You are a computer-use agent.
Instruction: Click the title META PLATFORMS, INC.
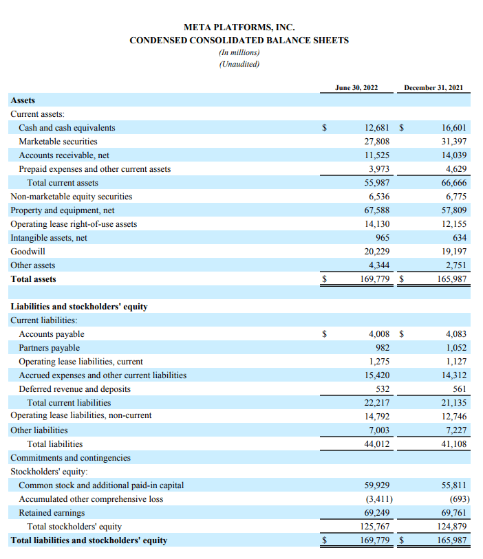pyautogui.click(x=239, y=28)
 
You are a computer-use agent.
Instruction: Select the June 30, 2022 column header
pyautogui.click(x=356, y=87)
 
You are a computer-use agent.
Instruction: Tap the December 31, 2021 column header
pyautogui.click(x=433, y=87)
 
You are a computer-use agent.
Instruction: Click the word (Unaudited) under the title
pyautogui.click(x=239, y=64)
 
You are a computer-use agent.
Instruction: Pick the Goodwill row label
pyautogui.click(x=28, y=252)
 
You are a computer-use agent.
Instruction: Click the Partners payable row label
pyautogui.click(x=49, y=348)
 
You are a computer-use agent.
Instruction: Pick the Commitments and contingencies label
pyautogui.click(x=70, y=458)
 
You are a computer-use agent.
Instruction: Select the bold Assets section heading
pyautogui.click(x=23, y=100)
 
